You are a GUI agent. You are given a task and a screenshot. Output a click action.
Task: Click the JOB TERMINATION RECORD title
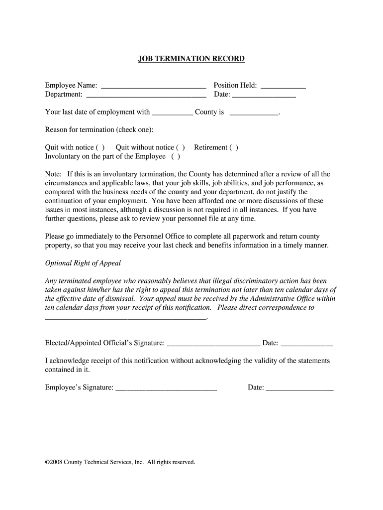[x=191, y=59]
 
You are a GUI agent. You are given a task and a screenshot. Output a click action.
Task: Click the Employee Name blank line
[x=153, y=86]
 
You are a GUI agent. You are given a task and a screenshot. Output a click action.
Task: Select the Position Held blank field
[x=283, y=86]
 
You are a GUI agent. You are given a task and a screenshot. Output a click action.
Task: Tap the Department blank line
[x=146, y=95]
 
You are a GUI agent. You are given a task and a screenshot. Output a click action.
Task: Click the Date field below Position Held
[x=264, y=95]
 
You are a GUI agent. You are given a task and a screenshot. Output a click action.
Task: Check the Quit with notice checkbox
[x=100, y=147]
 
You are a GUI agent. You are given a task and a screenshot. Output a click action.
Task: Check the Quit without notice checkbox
[x=181, y=147]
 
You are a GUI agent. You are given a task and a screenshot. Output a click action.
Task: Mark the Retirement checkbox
[x=234, y=147]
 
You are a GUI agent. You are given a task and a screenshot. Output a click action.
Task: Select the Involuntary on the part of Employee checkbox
[x=176, y=156]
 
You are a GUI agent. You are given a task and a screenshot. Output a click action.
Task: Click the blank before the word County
[x=172, y=113]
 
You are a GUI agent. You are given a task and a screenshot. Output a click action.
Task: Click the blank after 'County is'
[x=254, y=113]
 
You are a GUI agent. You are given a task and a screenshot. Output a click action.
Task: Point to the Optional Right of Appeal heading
[x=83, y=263]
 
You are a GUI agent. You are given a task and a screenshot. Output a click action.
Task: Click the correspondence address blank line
[x=125, y=317]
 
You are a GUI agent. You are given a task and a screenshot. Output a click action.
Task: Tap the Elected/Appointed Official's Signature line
[x=213, y=344]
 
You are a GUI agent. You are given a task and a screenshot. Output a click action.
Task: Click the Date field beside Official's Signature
[x=307, y=344]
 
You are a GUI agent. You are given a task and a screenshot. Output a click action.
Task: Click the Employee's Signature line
[x=166, y=388]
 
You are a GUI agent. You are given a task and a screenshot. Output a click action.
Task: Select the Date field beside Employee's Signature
[x=300, y=388]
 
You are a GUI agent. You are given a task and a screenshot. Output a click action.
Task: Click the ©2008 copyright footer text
[x=120, y=462]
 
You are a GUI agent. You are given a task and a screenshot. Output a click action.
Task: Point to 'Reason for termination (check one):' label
[x=99, y=130]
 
